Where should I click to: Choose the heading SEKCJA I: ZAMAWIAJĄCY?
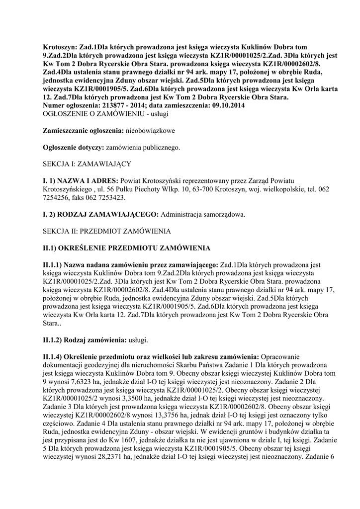click(87, 164)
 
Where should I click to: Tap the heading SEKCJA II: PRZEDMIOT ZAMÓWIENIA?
click(107, 231)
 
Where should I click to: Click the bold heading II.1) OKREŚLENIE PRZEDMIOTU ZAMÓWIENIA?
click(127, 248)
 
